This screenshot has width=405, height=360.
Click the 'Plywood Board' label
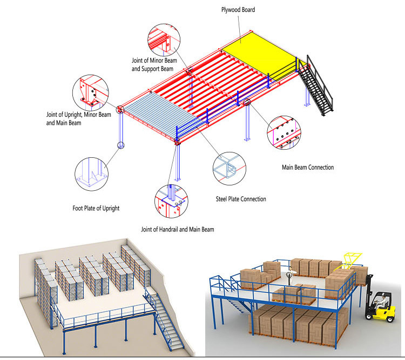[x=238, y=10]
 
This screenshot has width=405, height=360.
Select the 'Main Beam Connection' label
[x=308, y=168]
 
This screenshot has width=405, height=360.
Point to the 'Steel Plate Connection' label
[x=241, y=199]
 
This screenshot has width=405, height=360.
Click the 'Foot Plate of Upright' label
[x=96, y=208]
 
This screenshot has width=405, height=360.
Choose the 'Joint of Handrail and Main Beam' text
[x=177, y=230]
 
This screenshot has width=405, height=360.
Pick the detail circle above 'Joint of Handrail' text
[x=171, y=202]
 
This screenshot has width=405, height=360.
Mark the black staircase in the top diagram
[x=316, y=86]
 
